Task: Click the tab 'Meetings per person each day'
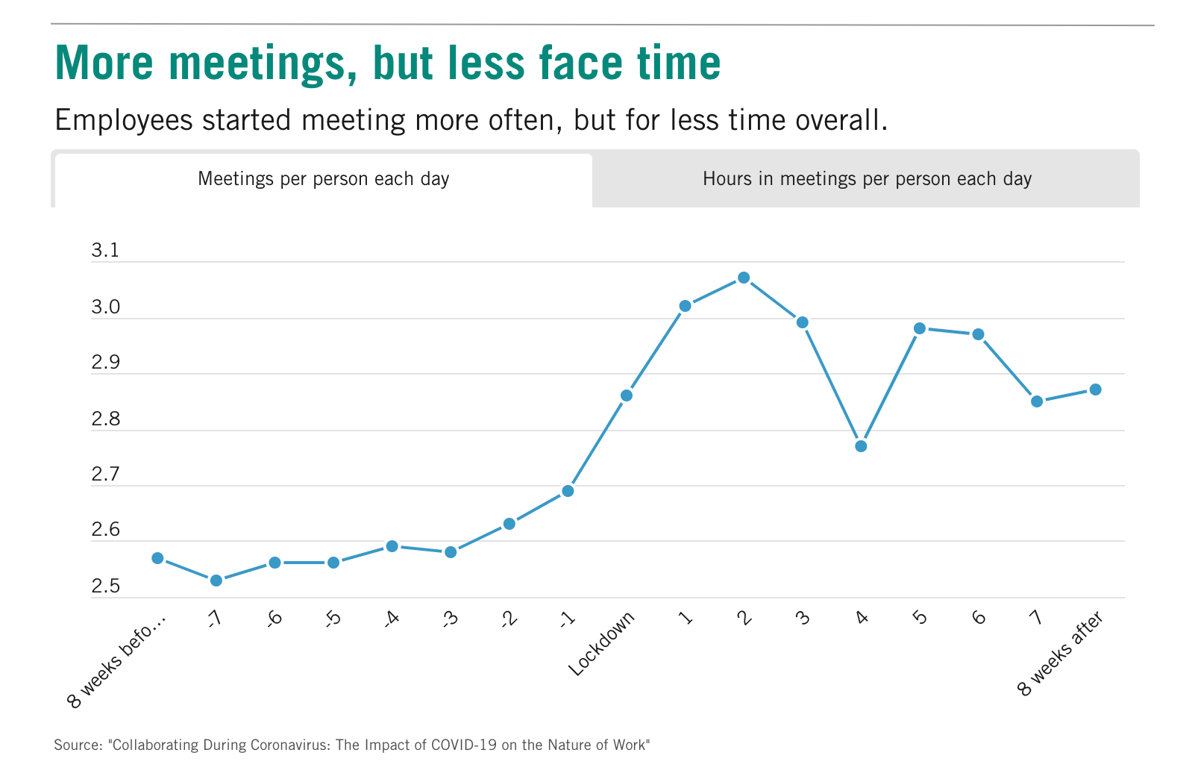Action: pyautogui.click(x=323, y=179)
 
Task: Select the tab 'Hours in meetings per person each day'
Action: pyautogui.click(x=867, y=179)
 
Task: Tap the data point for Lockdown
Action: pyautogui.click(x=627, y=395)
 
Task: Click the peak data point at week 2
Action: pyautogui.click(x=744, y=278)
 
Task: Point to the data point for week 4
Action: pyautogui.click(x=861, y=446)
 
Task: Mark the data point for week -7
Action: pyautogui.click(x=216, y=581)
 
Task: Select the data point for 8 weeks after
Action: pyautogui.click(x=1096, y=390)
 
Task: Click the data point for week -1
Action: pyautogui.click(x=568, y=491)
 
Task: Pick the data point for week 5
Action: pyautogui.click(x=920, y=328)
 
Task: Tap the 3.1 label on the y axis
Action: pyautogui.click(x=105, y=251)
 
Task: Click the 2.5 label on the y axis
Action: pyautogui.click(x=105, y=586)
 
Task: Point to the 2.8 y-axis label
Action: pyautogui.click(x=105, y=419)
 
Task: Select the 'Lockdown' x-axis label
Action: pyautogui.click(x=602, y=643)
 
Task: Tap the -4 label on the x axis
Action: pyautogui.click(x=392, y=619)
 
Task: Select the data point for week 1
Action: pyautogui.click(x=686, y=306)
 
